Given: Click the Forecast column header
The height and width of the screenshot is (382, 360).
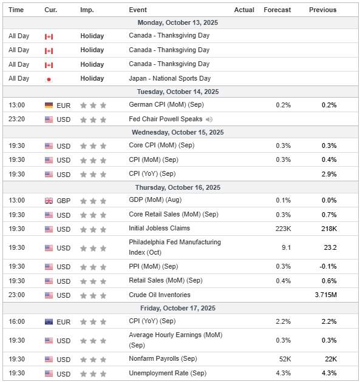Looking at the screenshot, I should (x=277, y=10).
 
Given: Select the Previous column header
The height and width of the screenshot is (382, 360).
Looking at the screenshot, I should (x=322, y=10).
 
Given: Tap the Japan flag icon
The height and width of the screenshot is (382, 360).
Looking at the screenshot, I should (x=49, y=79).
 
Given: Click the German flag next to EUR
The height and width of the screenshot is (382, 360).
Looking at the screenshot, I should (x=49, y=106).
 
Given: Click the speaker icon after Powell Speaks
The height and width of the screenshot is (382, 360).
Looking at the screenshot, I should (x=209, y=119).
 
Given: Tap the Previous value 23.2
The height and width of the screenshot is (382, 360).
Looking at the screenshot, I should (x=330, y=247).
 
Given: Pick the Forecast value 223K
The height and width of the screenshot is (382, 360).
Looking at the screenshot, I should (x=282, y=229).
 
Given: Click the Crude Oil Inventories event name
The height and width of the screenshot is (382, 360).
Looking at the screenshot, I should (x=159, y=295).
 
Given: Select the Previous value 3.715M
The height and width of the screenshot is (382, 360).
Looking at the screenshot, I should (x=326, y=295).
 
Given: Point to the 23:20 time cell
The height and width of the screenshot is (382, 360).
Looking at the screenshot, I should (x=17, y=119).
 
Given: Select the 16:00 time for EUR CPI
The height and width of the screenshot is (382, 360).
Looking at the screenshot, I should (x=17, y=321).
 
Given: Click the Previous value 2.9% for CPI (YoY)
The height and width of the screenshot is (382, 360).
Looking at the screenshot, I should (x=329, y=174).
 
